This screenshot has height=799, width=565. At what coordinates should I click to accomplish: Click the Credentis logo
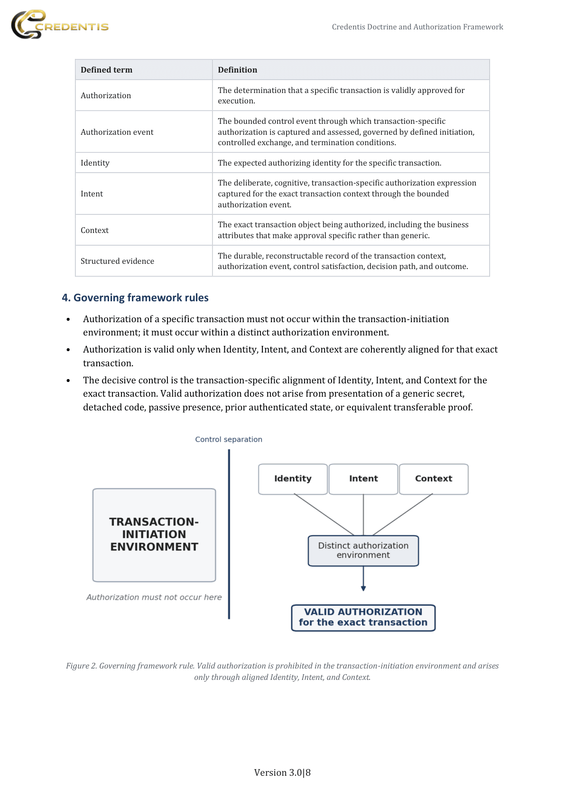[x=59, y=25]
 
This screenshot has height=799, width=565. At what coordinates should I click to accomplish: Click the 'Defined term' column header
[x=107, y=70]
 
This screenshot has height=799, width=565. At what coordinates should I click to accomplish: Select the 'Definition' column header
[x=237, y=70]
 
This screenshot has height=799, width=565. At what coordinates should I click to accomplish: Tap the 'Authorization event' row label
[x=117, y=132]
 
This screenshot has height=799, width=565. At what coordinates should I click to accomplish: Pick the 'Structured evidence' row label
[x=117, y=261]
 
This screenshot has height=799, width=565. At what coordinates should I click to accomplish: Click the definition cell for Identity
[x=329, y=163]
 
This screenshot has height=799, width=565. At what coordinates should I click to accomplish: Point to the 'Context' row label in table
[x=94, y=230]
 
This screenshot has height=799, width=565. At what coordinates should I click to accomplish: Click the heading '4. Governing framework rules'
[x=135, y=297]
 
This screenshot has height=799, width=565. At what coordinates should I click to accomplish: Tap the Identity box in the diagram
[x=293, y=479]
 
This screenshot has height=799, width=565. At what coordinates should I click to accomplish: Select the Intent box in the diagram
[x=363, y=479]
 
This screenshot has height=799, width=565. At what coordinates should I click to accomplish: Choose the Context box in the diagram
[x=434, y=479]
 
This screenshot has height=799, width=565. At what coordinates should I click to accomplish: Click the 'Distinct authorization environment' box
[x=363, y=550]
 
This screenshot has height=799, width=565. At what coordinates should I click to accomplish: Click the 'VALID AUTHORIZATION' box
[x=363, y=617]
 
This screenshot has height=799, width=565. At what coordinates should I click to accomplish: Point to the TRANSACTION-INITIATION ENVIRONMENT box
[x=154, y=535]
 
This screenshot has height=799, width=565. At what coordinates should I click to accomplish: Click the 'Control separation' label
[x=229, y=439]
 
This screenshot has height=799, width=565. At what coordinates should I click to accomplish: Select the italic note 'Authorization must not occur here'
[x=154, y=597]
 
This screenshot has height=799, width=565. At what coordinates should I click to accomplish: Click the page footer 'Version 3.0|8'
[x=282, y=772]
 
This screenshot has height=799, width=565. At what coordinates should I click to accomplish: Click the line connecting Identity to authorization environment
[x=324, y=514]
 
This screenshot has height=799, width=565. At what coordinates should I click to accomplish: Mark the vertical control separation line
[x=229, y=534]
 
